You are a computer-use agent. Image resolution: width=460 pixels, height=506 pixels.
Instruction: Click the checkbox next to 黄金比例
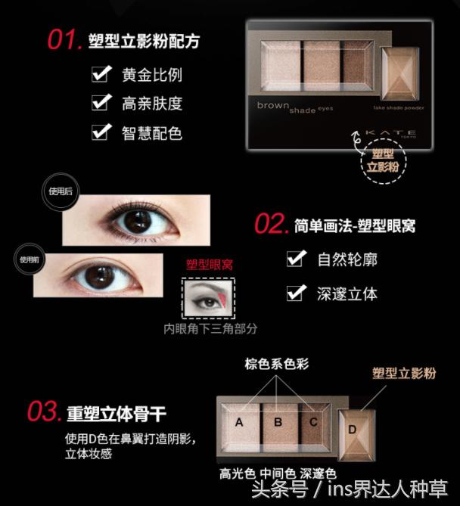point(101,74)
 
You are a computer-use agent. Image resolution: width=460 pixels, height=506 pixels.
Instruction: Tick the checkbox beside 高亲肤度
point(101,103)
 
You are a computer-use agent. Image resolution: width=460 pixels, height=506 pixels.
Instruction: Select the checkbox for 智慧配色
point(101,132)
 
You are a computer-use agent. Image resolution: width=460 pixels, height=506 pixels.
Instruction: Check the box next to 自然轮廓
point(296,259)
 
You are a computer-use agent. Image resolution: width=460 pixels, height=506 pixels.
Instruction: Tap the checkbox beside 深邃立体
point(296,293)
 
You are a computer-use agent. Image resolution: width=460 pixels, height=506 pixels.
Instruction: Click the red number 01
point(64,39)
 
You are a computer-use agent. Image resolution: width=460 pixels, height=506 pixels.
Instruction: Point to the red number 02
point(271,224)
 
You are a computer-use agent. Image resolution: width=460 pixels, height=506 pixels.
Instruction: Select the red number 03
point(44,413)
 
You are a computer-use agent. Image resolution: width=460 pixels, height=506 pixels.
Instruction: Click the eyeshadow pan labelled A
point(239,422)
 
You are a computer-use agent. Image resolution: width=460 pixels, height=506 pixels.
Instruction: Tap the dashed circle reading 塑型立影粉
point(382,160)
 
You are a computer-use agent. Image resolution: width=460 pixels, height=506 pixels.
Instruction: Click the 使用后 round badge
point(58,192)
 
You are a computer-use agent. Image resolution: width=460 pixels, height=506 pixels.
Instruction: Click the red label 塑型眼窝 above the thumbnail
point(210,265)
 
